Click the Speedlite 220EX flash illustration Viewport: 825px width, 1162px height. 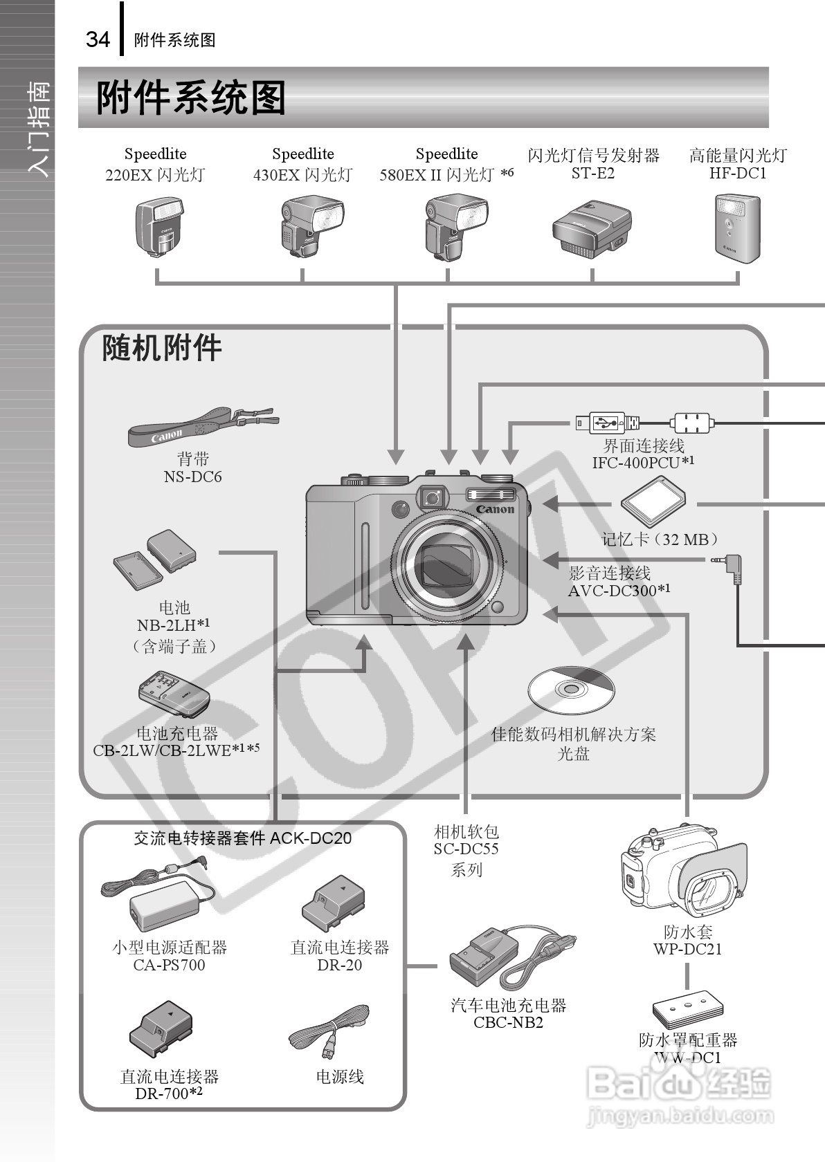click(158, 226)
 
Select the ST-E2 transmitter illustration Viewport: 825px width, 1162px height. click(592, 230)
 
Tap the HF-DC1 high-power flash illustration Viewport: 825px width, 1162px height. click(736, 226)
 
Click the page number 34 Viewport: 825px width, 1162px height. click(98, 39)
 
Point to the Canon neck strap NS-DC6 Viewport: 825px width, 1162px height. click(201, 425)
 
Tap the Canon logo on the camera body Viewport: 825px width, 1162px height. click(495, 509)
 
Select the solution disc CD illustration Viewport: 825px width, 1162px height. click(571, 690)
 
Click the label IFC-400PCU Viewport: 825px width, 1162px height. click(635, 463)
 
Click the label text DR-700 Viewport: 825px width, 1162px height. click(163, 1094)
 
